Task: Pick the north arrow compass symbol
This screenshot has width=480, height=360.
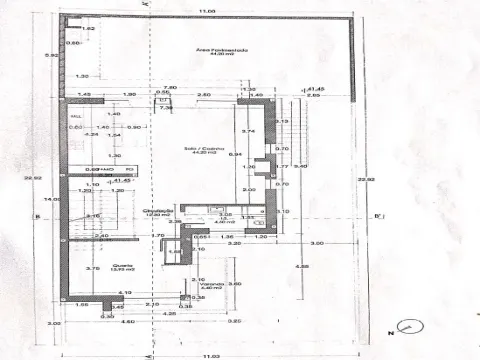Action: pos(408,326)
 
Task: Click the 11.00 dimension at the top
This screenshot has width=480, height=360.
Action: pos(206,11)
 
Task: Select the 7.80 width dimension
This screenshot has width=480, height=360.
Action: pos(170,88)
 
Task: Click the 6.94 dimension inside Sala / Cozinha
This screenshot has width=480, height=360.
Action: pos(237,155)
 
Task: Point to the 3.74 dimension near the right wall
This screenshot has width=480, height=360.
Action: pos(250,131)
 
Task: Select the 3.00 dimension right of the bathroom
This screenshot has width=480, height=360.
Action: pos(317,243)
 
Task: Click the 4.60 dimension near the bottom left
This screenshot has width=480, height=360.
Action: pos(100,321)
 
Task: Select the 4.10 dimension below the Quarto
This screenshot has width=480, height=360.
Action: pos(123,292)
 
